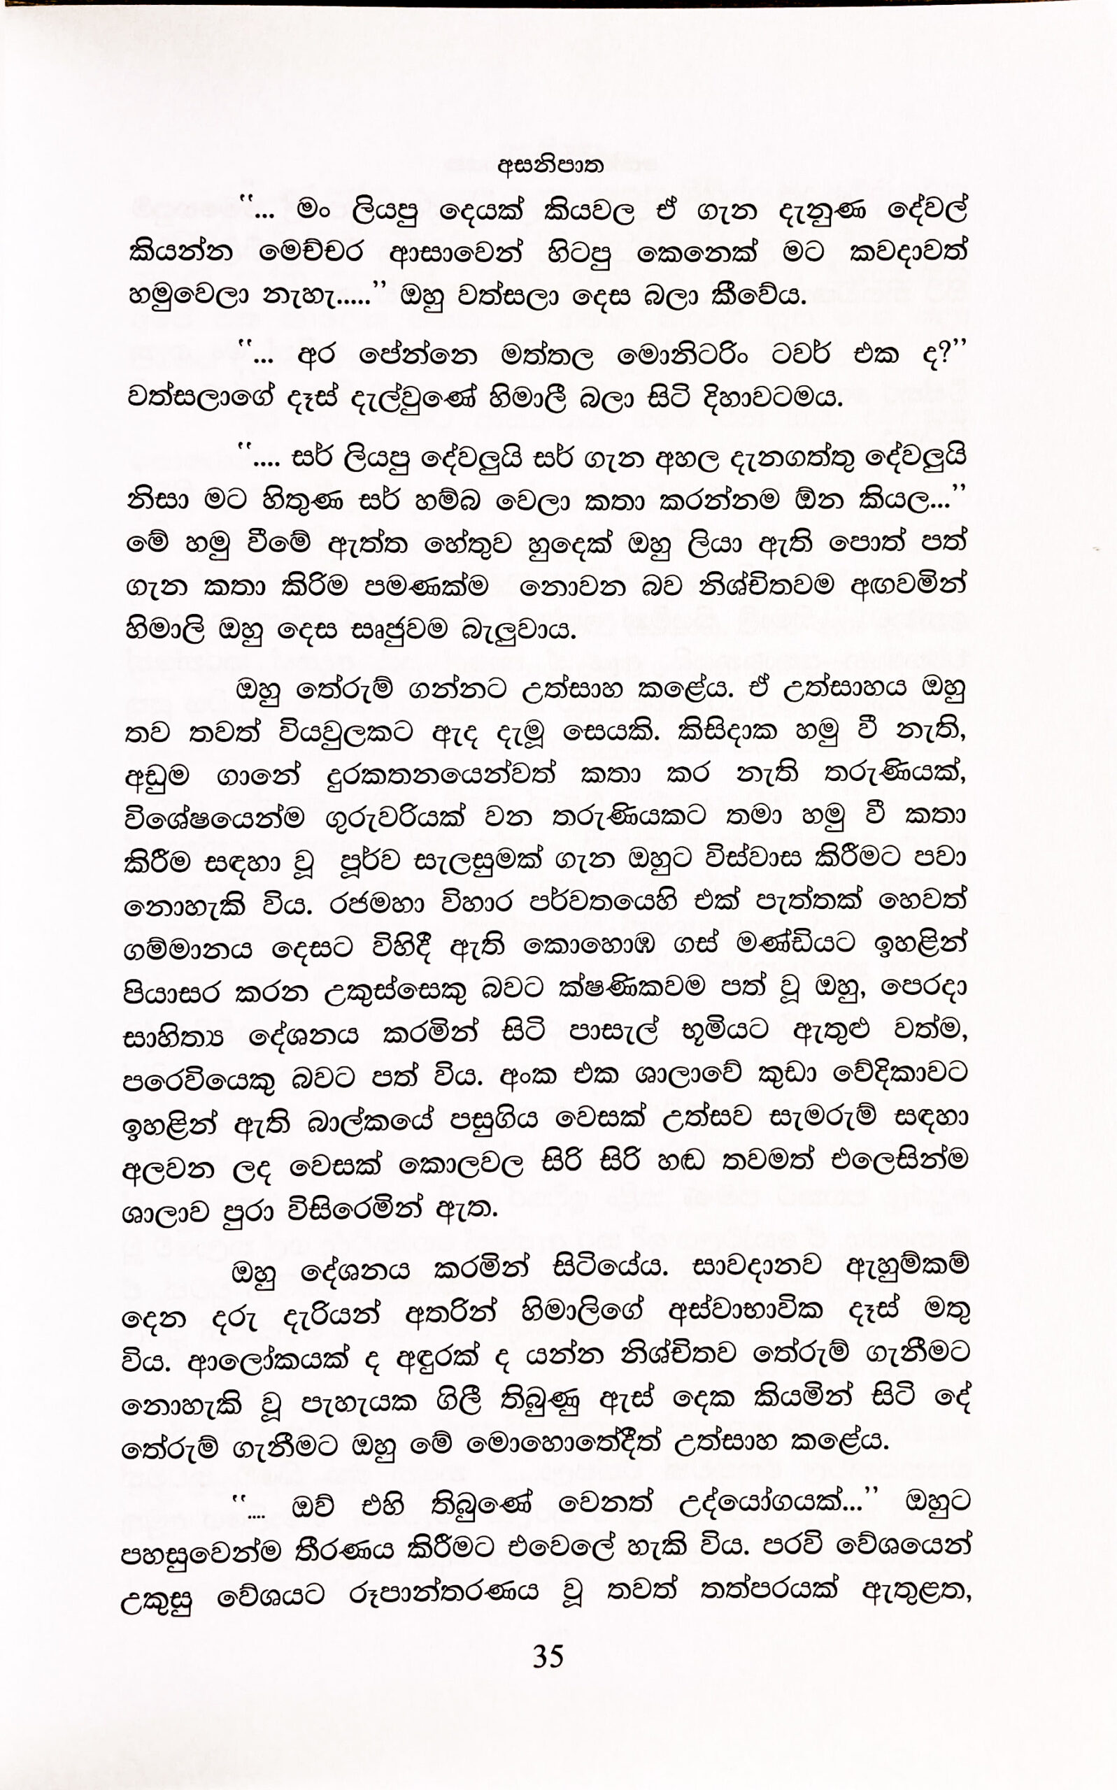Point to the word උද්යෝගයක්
pyautogui.click(x=760, y=1503)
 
